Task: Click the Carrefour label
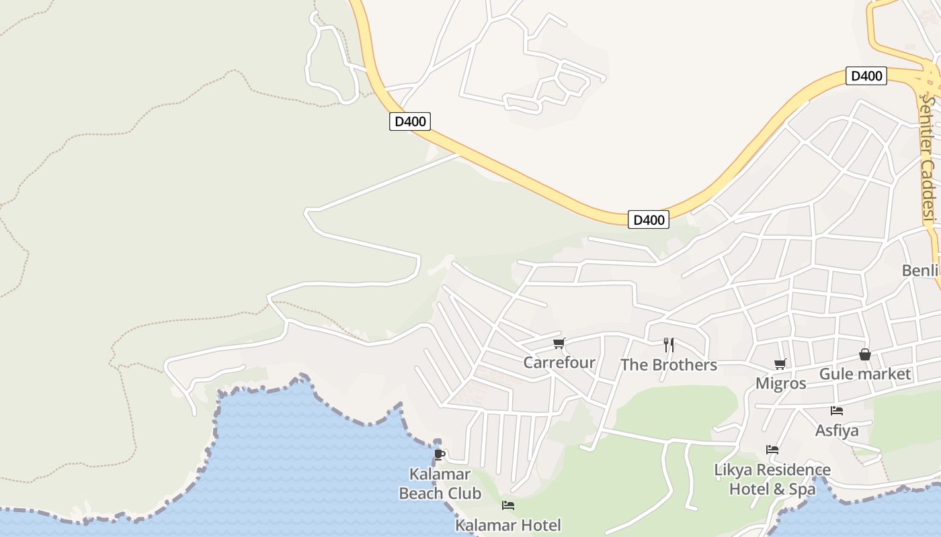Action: click(559, 363)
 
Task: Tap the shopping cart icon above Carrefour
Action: click(559, 344)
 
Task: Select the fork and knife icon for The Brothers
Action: click(669, 345)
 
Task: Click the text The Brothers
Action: click(669, 365)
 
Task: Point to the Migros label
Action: click(781, 383)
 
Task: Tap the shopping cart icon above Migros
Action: click(780, 364)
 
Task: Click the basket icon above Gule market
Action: click(865, 354)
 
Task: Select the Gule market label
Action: click(865, 374)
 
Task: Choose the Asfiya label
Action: click(837, 430)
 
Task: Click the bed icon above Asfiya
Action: click(837, 411)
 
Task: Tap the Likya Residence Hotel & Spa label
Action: click(772, 479)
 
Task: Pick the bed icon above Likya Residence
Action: click(772, 450)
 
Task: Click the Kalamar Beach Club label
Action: click(440, 484)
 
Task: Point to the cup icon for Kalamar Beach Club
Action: click(440, 454)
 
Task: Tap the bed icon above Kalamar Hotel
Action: click(508, 505)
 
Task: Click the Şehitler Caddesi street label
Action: click(928, 158)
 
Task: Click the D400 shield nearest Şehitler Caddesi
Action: click(866, 76)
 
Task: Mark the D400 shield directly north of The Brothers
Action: click(649, 219)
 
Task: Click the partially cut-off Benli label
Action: click(920, 271)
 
